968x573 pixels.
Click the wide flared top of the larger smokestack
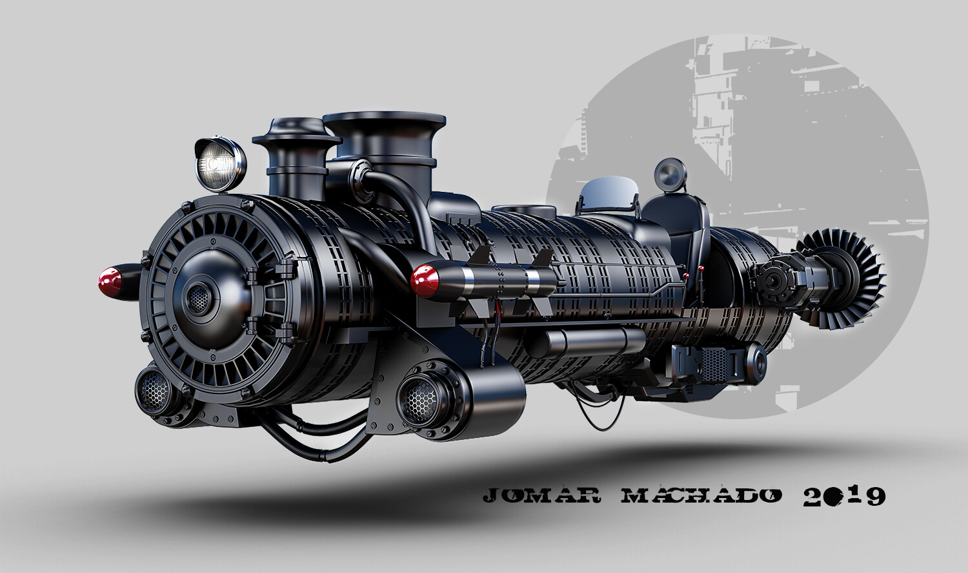click(385, 122)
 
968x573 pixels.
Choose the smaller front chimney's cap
click(296, 132)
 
